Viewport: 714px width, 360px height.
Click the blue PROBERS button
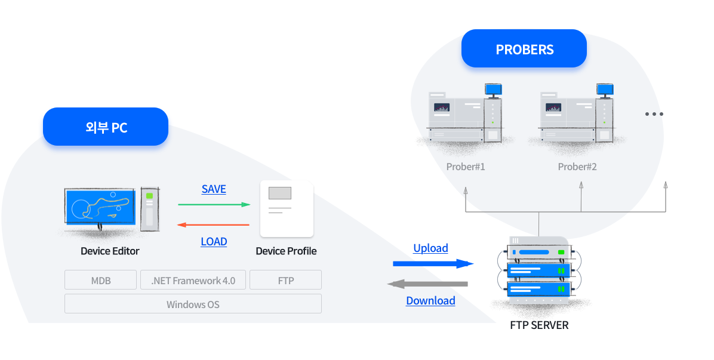click(524, 49)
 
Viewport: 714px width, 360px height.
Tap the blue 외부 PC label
click(106, 127)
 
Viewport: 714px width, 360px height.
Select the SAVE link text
click(214, 189)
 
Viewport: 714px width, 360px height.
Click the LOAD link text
click(214, 242)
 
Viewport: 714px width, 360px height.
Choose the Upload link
click(430, 248)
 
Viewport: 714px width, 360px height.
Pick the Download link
click(430, 301)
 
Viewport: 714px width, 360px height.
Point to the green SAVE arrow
click(214, 205)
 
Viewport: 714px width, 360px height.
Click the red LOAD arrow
click(213, 225)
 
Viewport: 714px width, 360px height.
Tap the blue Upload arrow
click(433, 264)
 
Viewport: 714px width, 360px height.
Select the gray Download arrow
click(427, 284)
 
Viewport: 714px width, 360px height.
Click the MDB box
click(101, 280)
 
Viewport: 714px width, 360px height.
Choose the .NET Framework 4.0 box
click(193, 280)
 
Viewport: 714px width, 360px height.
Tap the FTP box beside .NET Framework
click(285, 280)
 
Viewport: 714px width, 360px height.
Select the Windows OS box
click(193, 304)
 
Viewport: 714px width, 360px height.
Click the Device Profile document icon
click(287, 209)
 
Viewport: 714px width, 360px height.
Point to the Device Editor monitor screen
click(100, 206)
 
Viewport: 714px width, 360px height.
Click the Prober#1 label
click(466, 167)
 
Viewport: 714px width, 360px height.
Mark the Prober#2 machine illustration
click(577, 115)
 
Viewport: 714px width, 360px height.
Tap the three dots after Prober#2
click(654, 114)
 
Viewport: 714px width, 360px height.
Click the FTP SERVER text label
click(539, 325)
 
